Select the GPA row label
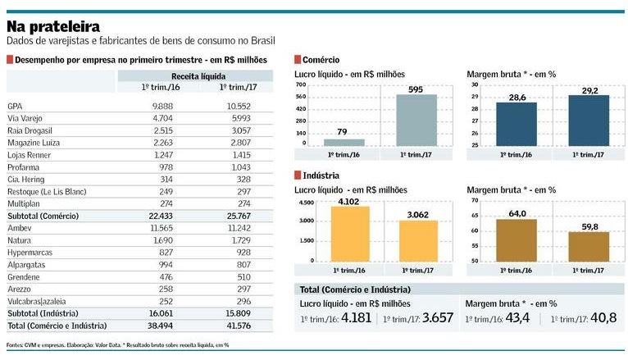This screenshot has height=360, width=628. click(15, 106)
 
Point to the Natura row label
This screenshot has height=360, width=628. click(20, 239)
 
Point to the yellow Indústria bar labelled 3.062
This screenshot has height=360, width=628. click(418, 239)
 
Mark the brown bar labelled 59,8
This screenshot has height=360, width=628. click(589, 246)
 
